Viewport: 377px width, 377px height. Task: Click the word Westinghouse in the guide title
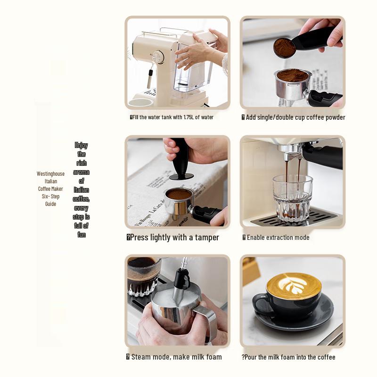50,174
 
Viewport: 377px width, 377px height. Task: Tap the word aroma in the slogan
82,172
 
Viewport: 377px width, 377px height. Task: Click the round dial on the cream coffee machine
157,57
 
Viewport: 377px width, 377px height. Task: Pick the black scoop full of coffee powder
302,43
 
